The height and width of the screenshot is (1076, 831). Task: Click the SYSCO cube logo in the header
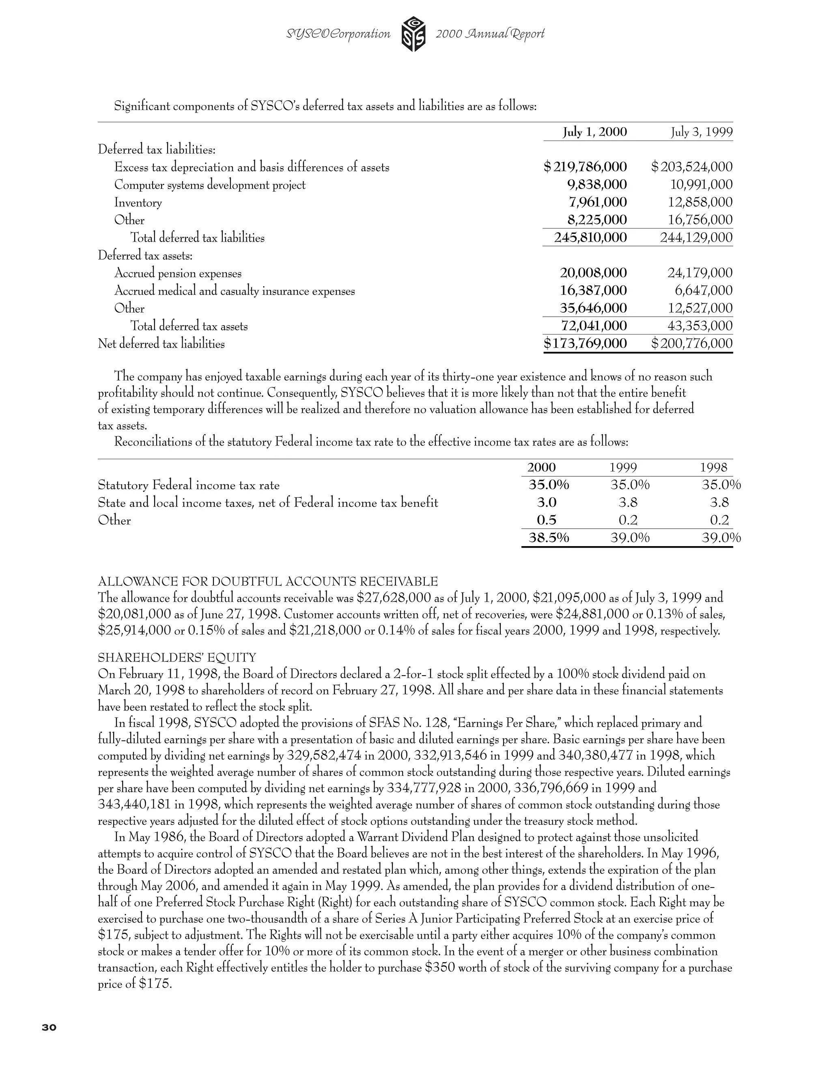click(413, 34)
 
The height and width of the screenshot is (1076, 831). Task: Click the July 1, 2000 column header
click(595, 132)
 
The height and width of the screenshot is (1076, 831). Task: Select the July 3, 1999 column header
click(702, 132)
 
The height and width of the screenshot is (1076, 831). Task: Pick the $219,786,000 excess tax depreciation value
click(586, 167)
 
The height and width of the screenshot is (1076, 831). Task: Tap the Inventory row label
click(138, 203)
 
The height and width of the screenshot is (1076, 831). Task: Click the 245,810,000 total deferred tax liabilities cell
click(590, 238)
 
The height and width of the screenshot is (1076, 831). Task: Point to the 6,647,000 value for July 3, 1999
click(704, 291)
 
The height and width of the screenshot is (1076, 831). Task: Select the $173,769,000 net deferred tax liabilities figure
click(586, 344)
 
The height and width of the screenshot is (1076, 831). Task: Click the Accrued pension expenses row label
click(178, 273)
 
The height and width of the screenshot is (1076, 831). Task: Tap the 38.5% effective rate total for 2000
click(549, 538)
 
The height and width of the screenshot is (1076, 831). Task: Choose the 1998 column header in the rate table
click(713, 467)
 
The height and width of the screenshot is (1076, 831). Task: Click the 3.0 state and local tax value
click(547, 503)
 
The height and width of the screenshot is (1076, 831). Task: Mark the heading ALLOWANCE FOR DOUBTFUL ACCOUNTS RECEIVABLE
click(268, 581)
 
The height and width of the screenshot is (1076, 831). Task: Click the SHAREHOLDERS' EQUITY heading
click(177, 658)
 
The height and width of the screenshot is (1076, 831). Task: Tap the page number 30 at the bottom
click(49, 1027)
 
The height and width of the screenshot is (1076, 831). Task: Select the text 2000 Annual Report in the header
click(490, 34)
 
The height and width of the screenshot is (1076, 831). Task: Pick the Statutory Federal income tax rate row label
click(189, 485)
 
